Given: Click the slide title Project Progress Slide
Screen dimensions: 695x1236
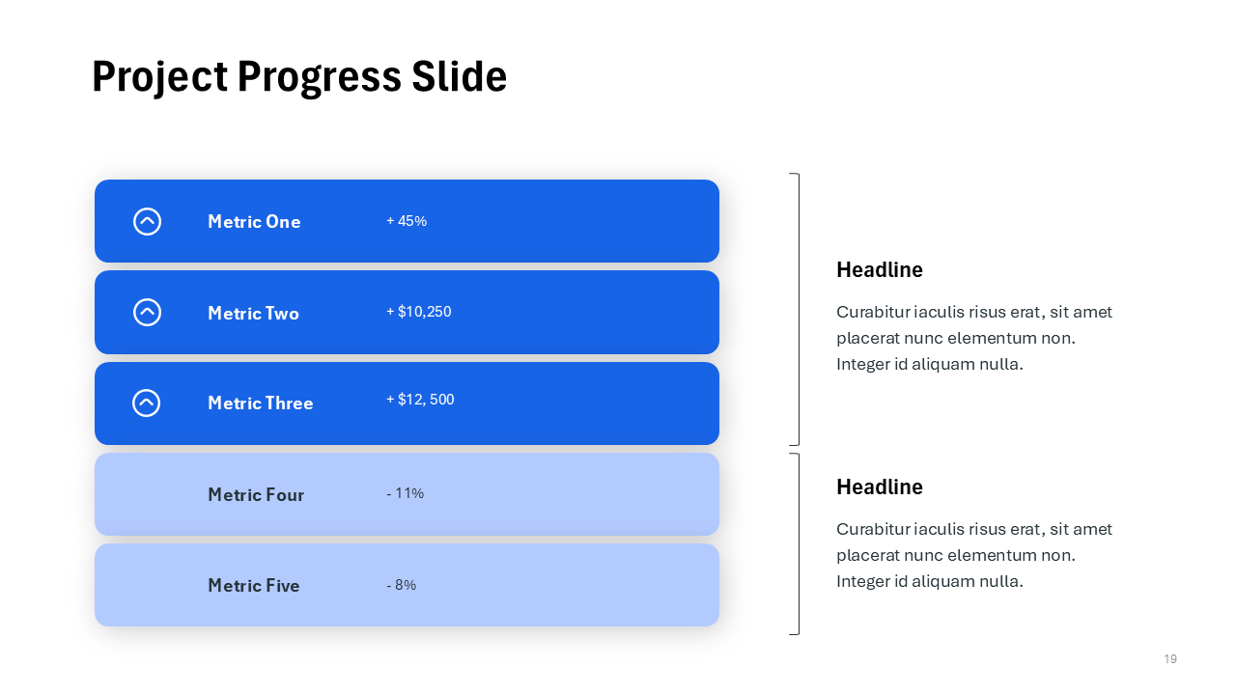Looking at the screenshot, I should click(299, 77).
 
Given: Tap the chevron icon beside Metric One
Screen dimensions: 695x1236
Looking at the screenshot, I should click(147, 221).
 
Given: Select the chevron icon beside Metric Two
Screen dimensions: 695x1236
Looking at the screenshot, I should click(147, 312).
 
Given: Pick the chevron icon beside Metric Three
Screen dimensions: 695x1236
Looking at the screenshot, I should click(147, 403).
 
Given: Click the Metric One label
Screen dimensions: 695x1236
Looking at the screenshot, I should click(254, 222).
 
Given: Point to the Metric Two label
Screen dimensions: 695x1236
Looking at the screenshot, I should click(253, 313).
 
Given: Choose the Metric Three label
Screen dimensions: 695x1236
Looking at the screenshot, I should click(260, 403).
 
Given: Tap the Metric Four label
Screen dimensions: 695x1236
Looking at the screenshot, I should click(256, 495).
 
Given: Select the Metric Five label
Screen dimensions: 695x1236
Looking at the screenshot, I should click(253, 586).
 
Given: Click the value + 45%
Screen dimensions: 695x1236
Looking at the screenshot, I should click(407, 221).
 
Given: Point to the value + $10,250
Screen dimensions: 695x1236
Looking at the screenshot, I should click(418, 312).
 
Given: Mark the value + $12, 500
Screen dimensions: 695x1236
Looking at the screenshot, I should click(420, 400).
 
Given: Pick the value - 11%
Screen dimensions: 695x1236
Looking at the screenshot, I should click(405, 493).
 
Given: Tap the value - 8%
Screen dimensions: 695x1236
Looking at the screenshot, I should click(401, 585).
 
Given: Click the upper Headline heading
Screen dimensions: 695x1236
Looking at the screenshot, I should click(880, 270).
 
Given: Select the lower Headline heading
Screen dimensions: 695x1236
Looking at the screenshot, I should click(880, 487).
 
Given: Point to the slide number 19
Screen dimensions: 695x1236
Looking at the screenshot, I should click(1170, 659).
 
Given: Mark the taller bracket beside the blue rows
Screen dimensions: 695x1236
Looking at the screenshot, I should click(798, 309).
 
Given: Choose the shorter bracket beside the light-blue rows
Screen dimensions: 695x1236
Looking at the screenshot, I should click(798, 543).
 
